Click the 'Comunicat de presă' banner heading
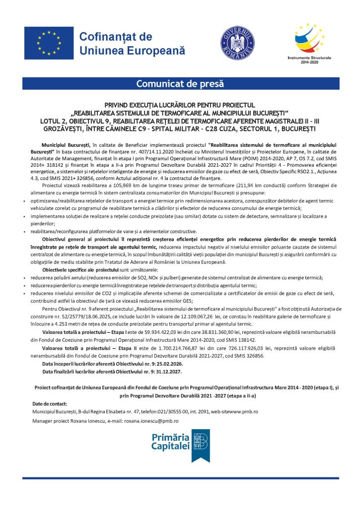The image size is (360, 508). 180,84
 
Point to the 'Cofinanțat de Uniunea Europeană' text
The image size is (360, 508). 132,44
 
